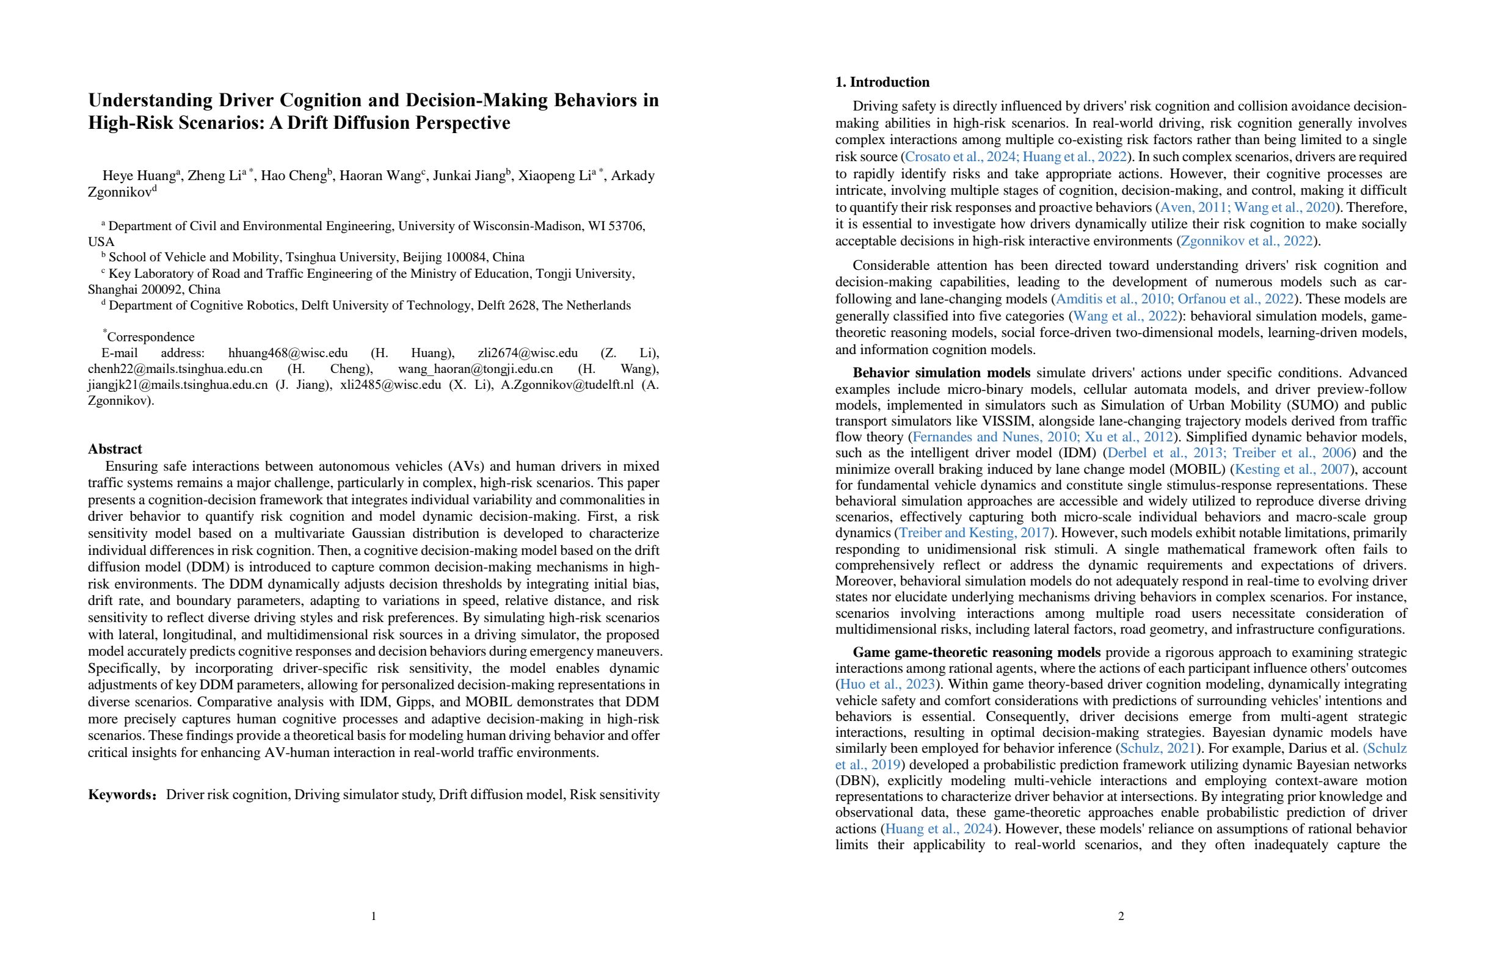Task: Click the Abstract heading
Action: tap(115, 449)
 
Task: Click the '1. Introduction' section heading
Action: tap(882, 82)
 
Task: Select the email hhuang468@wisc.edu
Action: tap(288, 353)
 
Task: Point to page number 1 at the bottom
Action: tap(374, 916)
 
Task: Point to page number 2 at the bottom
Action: tap(1121, 916)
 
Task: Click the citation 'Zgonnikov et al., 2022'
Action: tap(1246, 241)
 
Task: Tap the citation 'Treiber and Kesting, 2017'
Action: tap(974, 533)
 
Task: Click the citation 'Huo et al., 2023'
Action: tap(887, 684)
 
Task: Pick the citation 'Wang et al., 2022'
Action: tap(1125, 316)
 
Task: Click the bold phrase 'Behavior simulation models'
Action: tap(942, 373)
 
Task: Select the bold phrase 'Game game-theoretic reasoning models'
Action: tap(976, 653)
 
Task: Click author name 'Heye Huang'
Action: tap(138, 176)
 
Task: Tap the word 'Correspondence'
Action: tap(151, 337)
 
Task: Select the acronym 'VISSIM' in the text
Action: tap(1005, 421)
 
